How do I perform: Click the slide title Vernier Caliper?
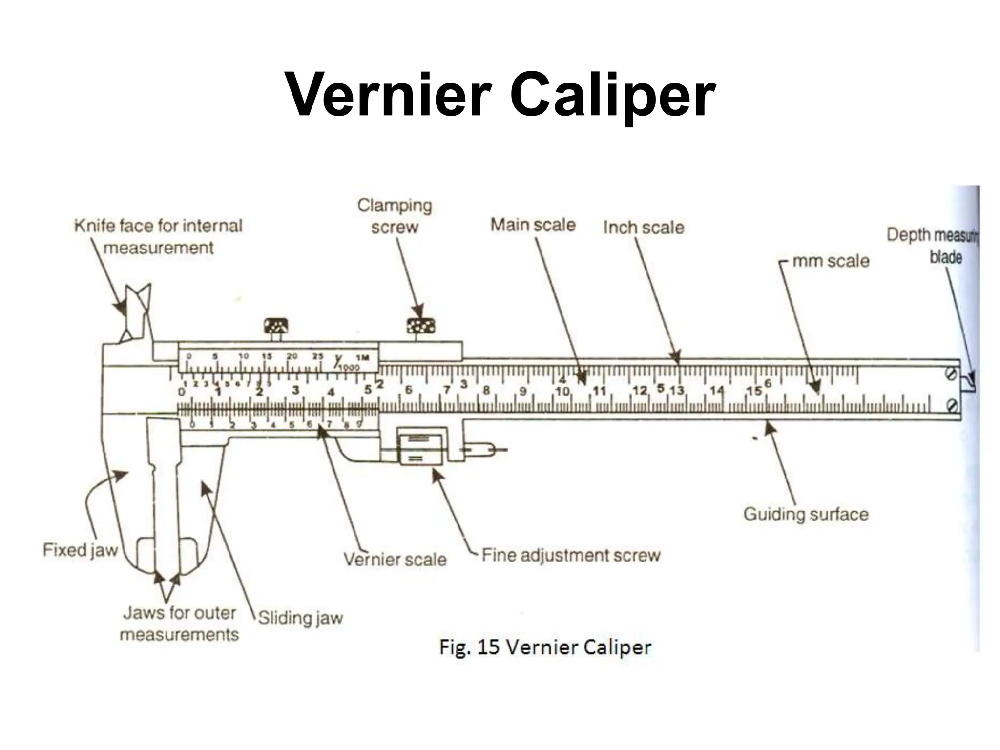pyautogui.click(x=500, y=95)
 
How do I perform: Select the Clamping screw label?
pyautogui.click(x=395, y=216)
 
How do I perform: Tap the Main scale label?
pyautogui.click(x=533, y=225)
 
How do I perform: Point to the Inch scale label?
pyautogui.click(x=644, y=228)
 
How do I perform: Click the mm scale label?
pyautogui.click(x=831, y=261)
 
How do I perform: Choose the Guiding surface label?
pyautogui.click(x=806, y=514)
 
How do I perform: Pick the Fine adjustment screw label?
pyautogui.click(x=571, y=555)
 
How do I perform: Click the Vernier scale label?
pyautogui.click(x=395, y=559)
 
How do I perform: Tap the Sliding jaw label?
pyautogui.click(x=300, y=618)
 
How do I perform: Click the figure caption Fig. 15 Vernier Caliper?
pyautogui.click(x=545, y=647)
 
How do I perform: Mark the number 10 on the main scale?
pyautogui.click(x=562, y=391)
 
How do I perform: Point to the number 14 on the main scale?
pyautogui.click(x=717, y=390)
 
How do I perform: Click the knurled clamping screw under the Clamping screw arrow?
pyautogui.click(x=421, y=326)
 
